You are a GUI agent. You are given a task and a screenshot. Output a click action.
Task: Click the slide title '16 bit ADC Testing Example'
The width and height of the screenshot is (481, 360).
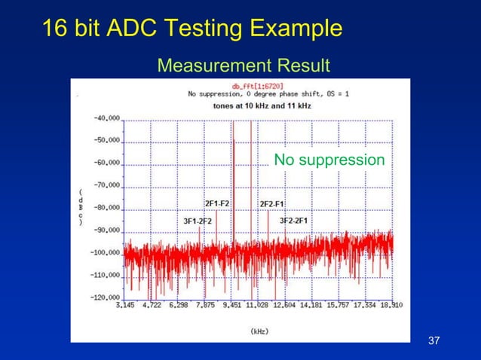192,29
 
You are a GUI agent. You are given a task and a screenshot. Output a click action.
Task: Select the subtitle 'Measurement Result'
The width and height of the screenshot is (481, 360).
243,67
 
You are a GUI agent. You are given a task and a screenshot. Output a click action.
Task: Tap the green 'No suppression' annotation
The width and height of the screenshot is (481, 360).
329,160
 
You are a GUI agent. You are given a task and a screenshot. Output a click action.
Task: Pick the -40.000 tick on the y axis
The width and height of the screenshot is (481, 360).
106,118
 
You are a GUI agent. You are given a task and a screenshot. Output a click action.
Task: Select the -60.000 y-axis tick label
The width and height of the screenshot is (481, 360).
106,163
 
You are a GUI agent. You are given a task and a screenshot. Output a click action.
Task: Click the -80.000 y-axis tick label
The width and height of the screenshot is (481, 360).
106,208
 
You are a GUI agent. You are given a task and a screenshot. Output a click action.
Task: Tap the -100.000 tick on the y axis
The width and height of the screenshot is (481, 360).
105,253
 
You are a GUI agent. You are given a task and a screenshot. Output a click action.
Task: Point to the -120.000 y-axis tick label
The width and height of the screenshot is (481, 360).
105,297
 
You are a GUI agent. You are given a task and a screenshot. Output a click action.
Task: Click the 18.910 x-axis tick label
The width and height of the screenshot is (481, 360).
391,306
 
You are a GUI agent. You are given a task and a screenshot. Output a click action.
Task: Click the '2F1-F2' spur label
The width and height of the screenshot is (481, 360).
217,204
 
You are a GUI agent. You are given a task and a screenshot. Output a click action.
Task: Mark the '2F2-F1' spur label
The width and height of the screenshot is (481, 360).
271,204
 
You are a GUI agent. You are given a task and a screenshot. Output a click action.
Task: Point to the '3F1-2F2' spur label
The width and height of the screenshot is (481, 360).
198,221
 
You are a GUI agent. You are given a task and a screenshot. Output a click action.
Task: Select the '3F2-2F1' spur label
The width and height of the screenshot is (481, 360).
293,221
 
